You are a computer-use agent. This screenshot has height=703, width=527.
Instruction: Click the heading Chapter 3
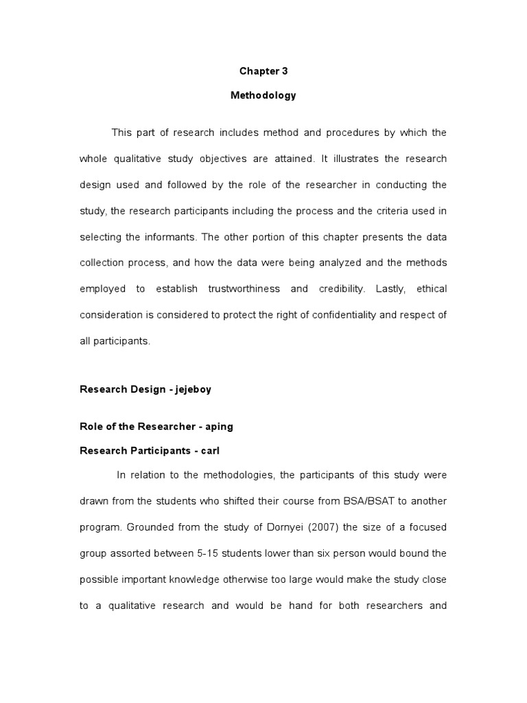point(263,71)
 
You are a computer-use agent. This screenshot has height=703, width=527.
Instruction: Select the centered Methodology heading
point(263,95)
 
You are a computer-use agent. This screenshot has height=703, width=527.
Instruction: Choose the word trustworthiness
point(244,289)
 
